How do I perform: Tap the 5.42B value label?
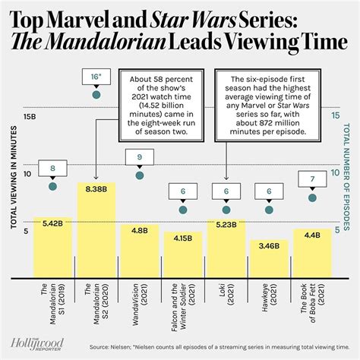pyautogui.click(x=52, y=223)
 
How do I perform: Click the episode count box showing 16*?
pyautogui.click(x=95, y=77)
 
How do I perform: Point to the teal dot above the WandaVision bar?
pyautogui.click(x=139, y=175)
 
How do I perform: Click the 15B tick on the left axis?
pyautogui.click(x=30, y=117)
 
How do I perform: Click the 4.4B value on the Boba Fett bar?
pyautogui.click(x=311, y=235)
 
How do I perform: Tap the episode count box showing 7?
pyautogui.click(x=311, y=180)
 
